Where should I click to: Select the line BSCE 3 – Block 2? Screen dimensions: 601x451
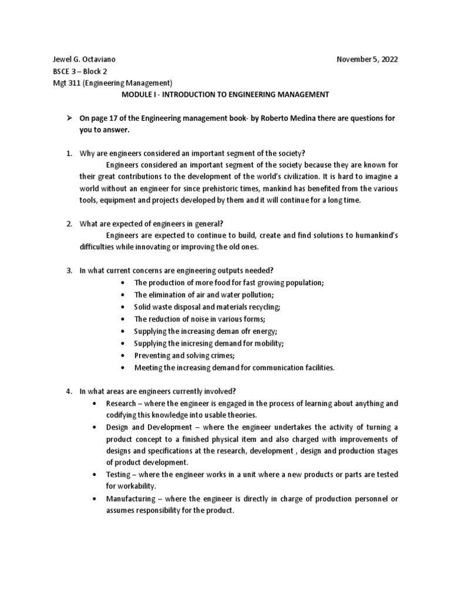80,71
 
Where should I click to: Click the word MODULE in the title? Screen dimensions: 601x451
137,94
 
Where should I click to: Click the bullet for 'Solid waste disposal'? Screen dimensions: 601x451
122,307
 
